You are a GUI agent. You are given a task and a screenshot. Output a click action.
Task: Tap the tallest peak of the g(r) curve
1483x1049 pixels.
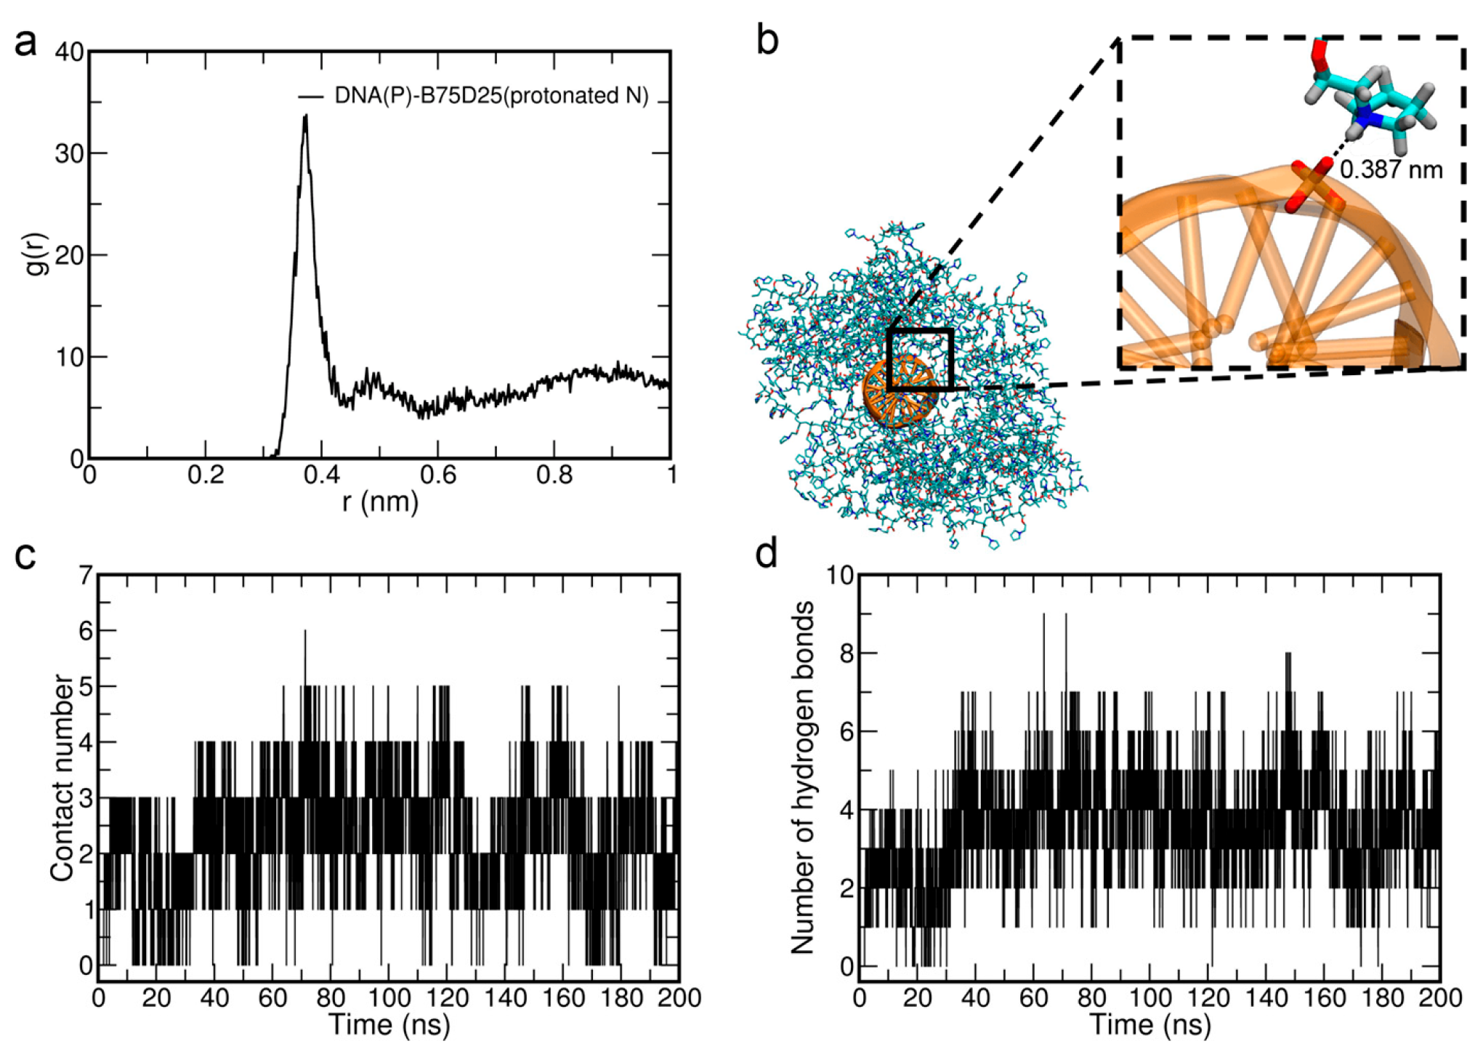(x=306, y=116)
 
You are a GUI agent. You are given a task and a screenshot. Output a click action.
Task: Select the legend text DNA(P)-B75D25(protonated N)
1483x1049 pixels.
(x=491, y=95)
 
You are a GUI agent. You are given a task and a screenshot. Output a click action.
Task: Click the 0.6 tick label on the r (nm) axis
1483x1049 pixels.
(x=437, y=475)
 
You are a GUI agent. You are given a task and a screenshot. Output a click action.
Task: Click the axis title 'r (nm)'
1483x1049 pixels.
(x=380, y=502)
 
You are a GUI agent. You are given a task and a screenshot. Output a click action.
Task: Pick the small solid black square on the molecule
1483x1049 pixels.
(x=919, y=360)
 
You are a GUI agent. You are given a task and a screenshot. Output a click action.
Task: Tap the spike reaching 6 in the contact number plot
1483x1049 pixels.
(x=305, y=632)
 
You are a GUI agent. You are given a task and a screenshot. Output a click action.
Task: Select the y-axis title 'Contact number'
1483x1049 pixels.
(x=62, y=778)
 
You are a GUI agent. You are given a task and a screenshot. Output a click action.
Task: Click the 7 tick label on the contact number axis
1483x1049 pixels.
(x=86, y=576)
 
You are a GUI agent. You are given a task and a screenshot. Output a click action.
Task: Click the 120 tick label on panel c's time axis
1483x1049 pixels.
(x=448, y=998)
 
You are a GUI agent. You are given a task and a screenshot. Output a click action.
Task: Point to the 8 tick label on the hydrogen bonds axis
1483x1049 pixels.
(x=844, y=654)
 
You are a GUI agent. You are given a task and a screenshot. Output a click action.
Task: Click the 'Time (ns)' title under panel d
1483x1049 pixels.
(x=1150, y=1025)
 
